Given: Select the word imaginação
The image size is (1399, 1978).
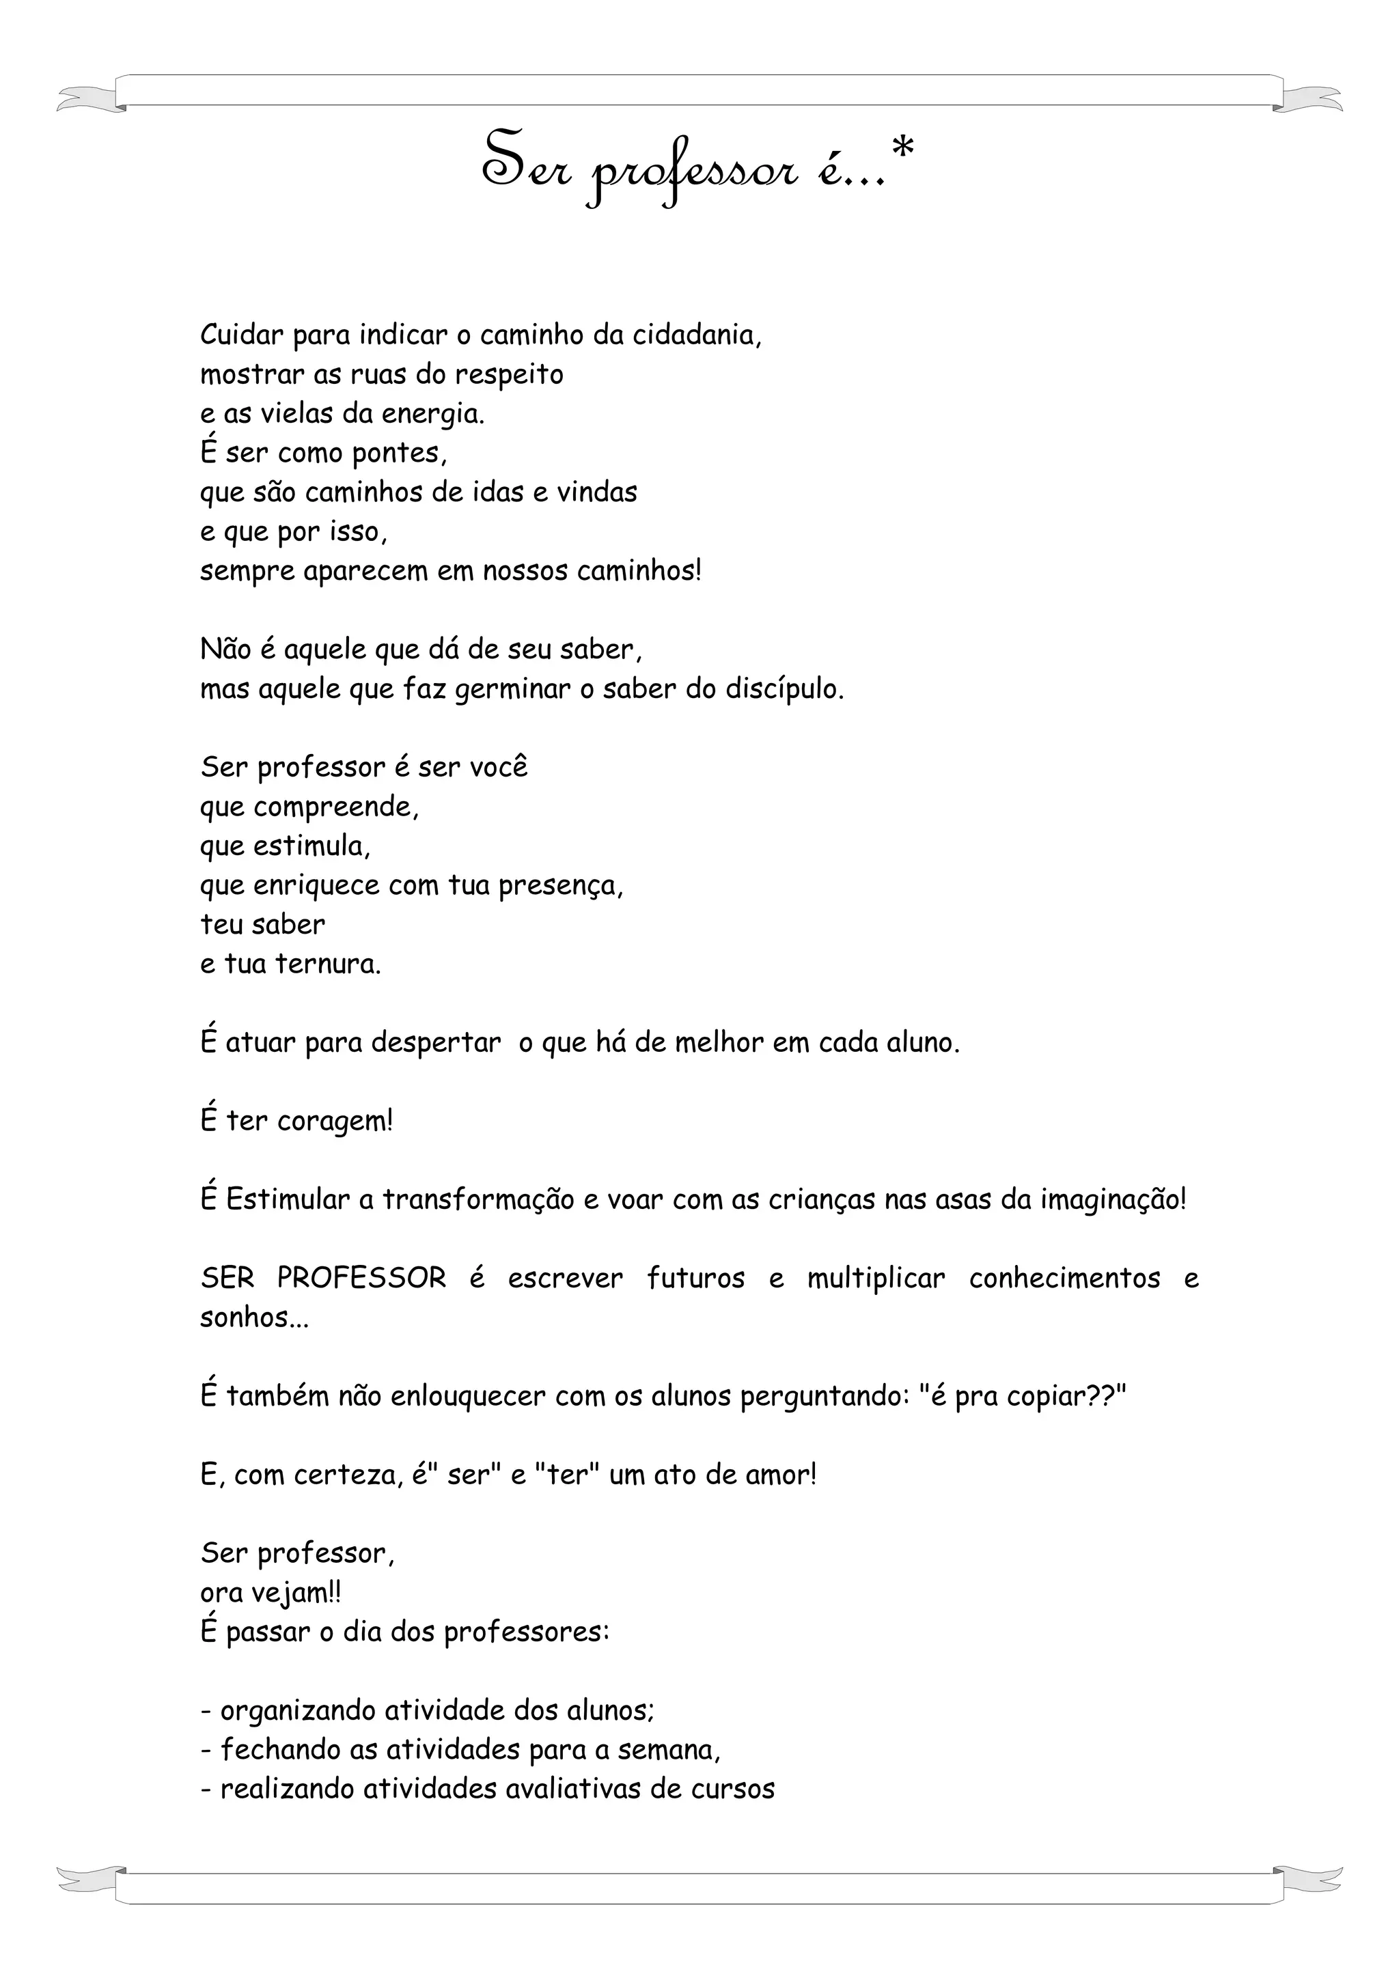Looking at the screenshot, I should (x=1111, y=1200).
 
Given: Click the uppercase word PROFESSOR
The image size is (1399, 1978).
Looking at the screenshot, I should (x=362, y=1279).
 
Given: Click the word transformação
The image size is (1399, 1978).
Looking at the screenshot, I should (x=478, y=1200).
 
